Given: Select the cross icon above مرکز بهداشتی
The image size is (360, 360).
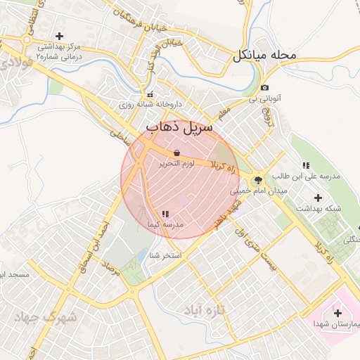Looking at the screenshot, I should [x=59, y=35].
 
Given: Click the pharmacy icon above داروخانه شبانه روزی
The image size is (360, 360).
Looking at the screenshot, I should [x=149, y=94].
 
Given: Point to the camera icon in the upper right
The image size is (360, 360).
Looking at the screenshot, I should [x=264, y=88].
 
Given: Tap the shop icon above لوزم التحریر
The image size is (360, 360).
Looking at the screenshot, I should [x=176, y=152].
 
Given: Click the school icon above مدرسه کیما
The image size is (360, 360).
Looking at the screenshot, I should [x=165, y=213].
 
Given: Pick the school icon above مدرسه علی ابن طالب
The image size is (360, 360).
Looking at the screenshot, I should [x=306, y=165].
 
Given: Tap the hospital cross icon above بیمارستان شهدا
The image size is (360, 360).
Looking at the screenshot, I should [x=338, y=313].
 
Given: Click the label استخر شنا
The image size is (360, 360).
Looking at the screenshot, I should [x=165, y=255].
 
